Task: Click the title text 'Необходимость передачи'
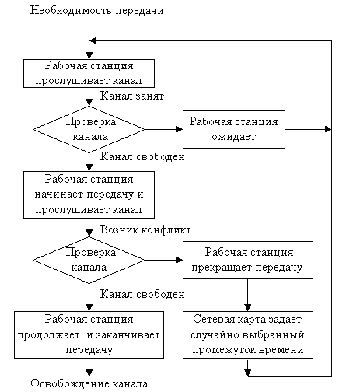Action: tap(96, 11)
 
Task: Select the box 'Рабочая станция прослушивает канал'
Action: tap(89, 73)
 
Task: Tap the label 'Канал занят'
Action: tap(132, 96)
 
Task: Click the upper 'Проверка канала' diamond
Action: tap(89, 129)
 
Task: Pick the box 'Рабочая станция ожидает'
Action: tap(234, 129)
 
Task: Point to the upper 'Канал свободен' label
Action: tap(142, 156)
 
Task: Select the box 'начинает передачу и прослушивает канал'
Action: tap(89, 194)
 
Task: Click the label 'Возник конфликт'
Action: tap(145, 229)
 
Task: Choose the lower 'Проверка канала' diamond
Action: tap(89, 260)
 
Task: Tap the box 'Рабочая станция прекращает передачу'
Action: tap(248, 260)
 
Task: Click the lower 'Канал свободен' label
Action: tap(142, 294)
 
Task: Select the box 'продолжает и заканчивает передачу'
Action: tap(89, 334)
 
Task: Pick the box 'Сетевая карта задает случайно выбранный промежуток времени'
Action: tap(248, 334)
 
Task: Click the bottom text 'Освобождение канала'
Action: tap(89, 383)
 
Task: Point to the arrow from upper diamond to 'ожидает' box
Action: tap(164, 129)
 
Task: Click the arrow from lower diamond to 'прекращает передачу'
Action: tap(164, 260)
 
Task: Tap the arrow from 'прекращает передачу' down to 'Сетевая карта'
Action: tap(248, 295)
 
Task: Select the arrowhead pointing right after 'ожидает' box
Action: tap(328, 129)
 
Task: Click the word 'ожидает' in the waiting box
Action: tap(234, 137)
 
